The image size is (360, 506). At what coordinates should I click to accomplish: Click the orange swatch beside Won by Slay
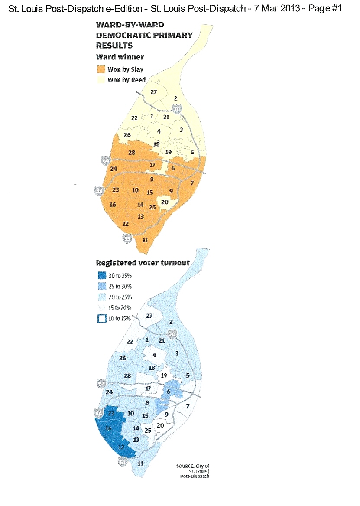tap(101, 69)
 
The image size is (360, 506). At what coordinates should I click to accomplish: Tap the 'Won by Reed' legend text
tap(126, 80)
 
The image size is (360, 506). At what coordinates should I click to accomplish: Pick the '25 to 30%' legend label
tap(120, 286)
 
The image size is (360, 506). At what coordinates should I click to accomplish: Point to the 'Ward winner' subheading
tap(120, 57)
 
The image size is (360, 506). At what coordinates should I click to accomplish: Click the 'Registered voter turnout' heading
tap(142, 263)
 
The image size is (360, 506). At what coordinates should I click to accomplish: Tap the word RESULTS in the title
tap(114, 45)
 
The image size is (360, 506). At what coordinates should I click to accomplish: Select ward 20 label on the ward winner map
tap(165, 202)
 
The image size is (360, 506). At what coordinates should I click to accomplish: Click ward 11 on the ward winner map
tap(145, 240)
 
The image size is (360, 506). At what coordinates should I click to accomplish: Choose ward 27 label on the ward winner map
tap(153, 92)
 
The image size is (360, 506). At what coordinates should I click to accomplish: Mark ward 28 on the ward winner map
tap(132, 153)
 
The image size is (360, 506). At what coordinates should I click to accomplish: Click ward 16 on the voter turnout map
tap(109, 428)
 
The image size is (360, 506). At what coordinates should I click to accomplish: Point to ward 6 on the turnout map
tap(169, 392)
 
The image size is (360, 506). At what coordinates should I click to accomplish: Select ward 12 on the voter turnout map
tap(121, 447)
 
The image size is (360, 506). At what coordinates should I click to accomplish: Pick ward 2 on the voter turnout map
tap(171, 322)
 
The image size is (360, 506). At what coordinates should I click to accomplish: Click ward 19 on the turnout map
tap(164, 375)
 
